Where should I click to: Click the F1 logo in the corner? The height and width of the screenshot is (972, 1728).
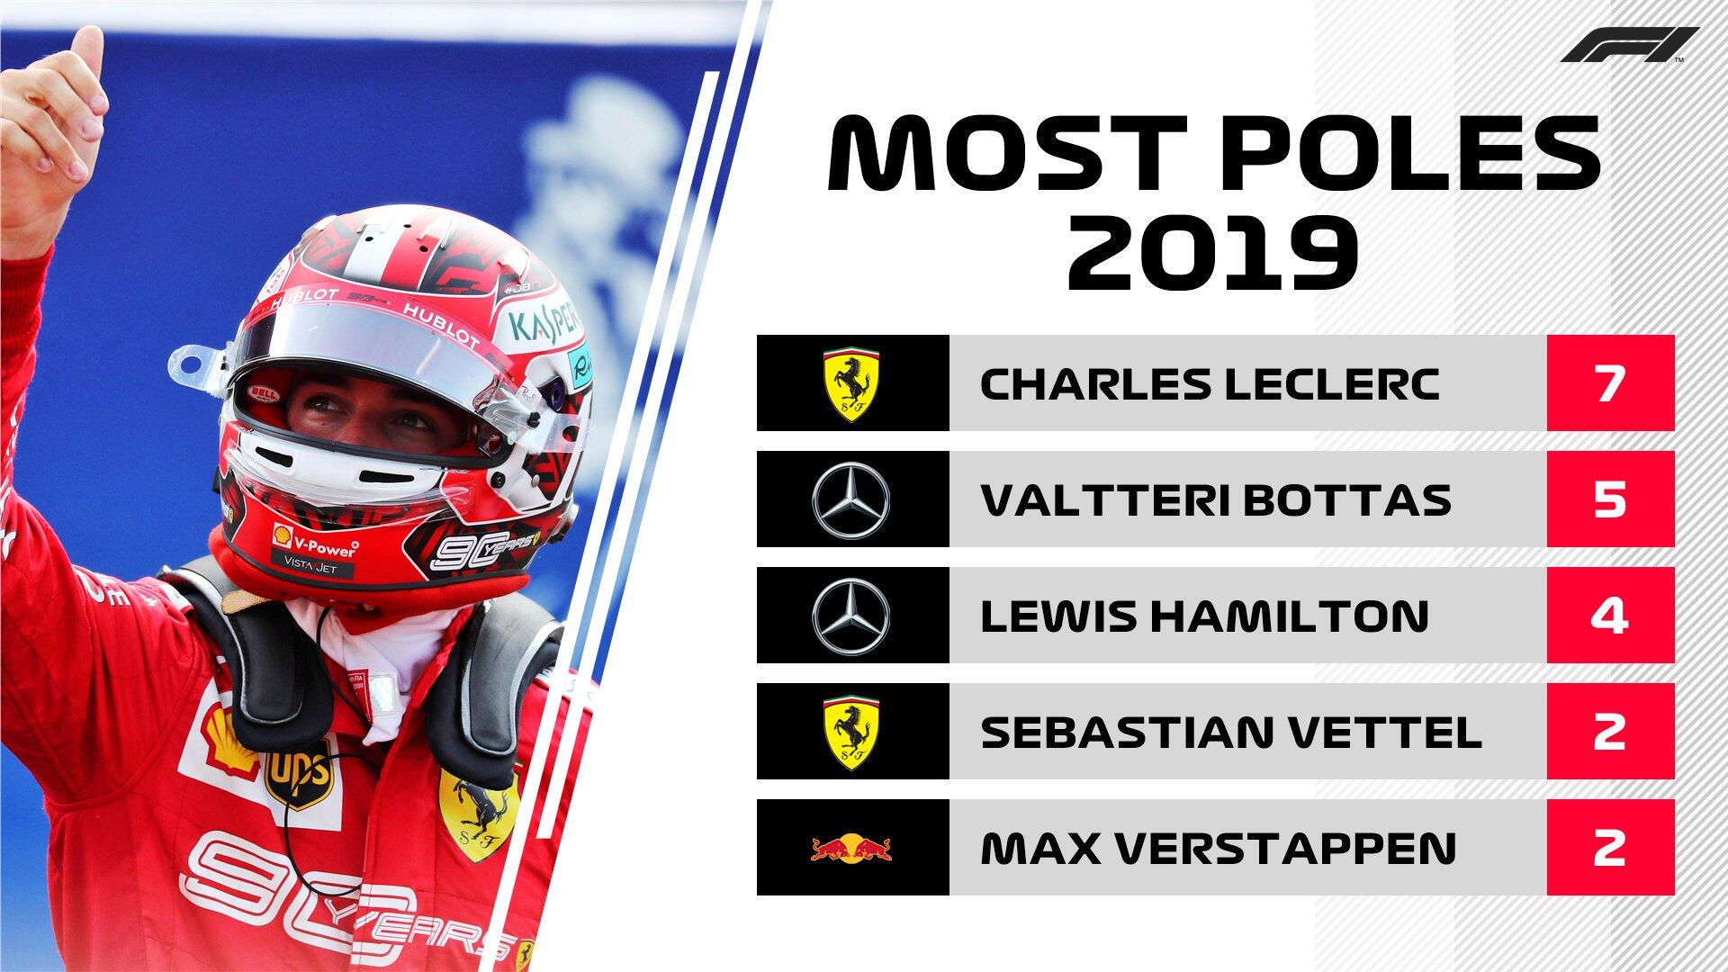[1629, 45]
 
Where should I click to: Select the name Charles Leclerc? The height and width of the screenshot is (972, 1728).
[1210, 384]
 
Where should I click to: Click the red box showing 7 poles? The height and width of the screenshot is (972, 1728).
[1609, 383]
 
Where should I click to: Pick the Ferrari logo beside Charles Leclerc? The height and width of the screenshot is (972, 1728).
[851, 383]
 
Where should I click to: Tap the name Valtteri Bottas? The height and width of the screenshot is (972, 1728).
[1215, 499]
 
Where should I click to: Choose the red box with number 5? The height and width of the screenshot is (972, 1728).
[1609, 499]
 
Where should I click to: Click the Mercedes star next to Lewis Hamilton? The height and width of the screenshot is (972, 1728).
[851, 616]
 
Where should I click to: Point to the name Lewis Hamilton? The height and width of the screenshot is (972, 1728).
[1204, 616]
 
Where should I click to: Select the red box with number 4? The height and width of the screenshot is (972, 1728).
[1609, 616]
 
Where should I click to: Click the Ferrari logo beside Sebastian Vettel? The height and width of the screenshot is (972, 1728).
[851, 731]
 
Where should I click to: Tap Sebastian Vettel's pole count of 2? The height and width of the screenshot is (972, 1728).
[1609, 731]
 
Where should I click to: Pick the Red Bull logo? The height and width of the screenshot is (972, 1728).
[851, 847]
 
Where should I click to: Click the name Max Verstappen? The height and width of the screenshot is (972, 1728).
[1218, 847]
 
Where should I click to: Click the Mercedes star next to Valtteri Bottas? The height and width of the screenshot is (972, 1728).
[851, 499]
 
